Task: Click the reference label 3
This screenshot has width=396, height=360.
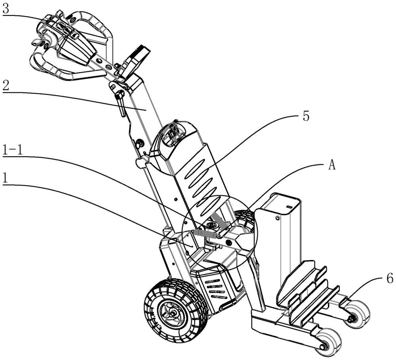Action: tap(5, 10)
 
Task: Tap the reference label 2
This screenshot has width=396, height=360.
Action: tap(6, 86)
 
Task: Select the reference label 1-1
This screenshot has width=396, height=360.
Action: tap(13, 150)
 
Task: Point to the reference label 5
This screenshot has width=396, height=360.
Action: tap(306, 117)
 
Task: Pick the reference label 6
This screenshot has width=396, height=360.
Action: tap(390, 279)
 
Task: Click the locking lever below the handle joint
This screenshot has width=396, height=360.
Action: tap(120, 103)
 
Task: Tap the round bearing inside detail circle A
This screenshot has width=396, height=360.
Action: tap(211, 226)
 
